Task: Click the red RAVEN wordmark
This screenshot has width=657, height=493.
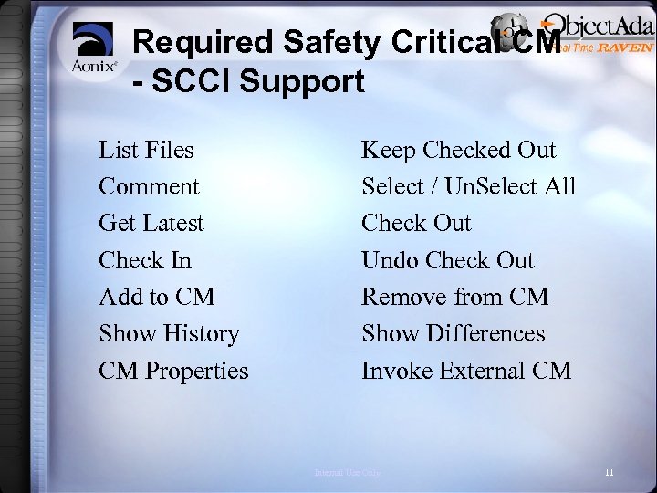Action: pos(625,47)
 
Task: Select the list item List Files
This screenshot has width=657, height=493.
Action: pos(146,149)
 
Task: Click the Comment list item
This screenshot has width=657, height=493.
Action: pos(149,186)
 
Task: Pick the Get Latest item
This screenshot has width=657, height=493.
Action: pos(151,223)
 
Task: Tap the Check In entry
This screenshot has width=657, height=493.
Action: pos(145,260)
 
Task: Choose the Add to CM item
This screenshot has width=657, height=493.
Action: pos(155,297)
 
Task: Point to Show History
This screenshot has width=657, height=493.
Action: pos(169,334)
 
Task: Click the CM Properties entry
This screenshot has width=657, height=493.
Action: pos(173,371)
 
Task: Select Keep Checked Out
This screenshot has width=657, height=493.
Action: pos(459,149)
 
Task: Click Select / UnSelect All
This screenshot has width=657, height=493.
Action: pos(469,186)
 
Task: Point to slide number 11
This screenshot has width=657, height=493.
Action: pos(609,472)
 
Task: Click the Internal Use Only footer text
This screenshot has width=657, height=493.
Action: pos(347,472)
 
